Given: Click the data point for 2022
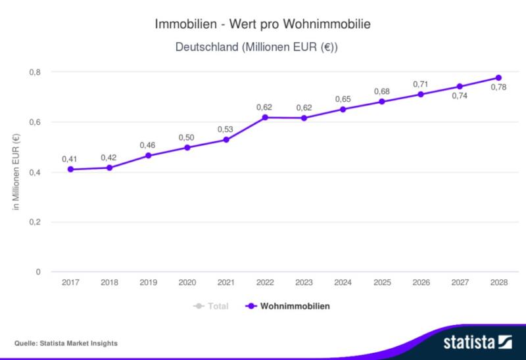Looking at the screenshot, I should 265,117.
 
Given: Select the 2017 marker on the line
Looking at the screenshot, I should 70,169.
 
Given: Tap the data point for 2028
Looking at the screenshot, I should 498,78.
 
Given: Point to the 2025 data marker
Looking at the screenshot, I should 382,102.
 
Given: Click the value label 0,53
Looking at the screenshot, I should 226,129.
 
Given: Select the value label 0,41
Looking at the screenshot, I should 70,158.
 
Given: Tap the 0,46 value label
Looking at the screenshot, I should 148,145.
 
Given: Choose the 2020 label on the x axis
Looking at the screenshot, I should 187,283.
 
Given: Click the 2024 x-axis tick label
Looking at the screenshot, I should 343,283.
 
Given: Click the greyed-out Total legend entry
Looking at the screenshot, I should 211,306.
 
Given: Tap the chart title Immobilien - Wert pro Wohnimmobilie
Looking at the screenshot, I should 263,24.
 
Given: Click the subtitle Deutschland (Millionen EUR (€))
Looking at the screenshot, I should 263,47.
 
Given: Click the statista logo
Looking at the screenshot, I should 471,342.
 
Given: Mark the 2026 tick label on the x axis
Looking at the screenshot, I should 421,283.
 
